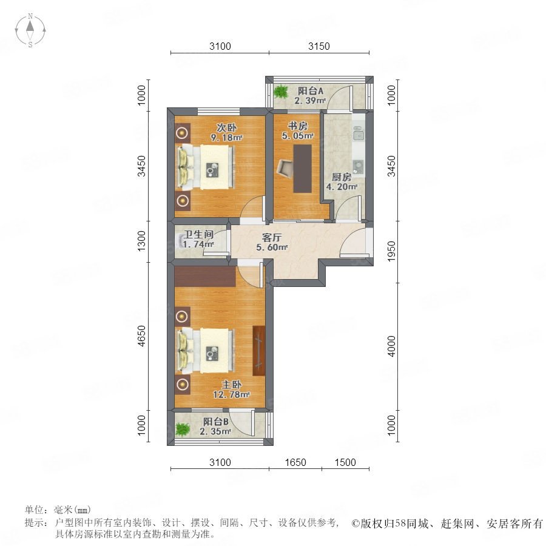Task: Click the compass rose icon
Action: click(30, 30)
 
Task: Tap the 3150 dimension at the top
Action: click(319, 46)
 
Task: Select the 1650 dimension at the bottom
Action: click(295, 462)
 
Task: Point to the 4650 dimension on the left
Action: click(141, 336)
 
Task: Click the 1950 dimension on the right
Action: click(392, 251)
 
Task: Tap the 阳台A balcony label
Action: click(311, 91)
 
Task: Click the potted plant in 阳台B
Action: click(182, 429)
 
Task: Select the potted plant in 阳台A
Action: click(281, 92)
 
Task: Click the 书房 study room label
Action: click(298, 126)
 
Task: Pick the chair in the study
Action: click(286, 167)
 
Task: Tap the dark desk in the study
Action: click(302, 169)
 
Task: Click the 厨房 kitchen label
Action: click(341, 177)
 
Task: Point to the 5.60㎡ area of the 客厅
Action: click(272, 248)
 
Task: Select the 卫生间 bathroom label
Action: click(198, 234)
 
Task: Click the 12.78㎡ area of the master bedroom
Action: click(232, 395)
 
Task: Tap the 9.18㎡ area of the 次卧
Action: click(227, 138)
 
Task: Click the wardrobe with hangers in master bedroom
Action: click(258, 351)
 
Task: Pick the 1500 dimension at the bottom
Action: click(345, 462)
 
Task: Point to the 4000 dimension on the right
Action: click(392, 346)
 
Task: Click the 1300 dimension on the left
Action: click(141, 241)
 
